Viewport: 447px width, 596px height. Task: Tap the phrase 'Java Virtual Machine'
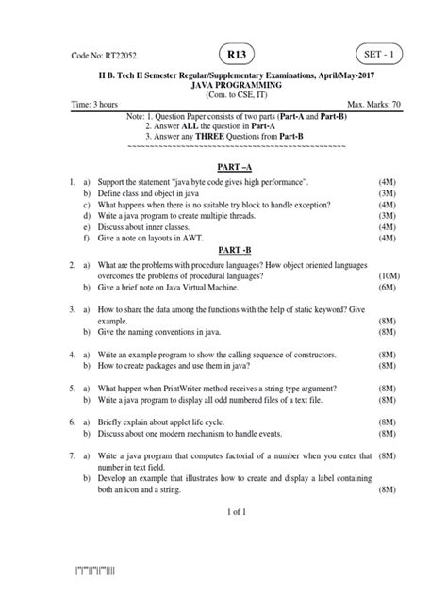tap(191, 290)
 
